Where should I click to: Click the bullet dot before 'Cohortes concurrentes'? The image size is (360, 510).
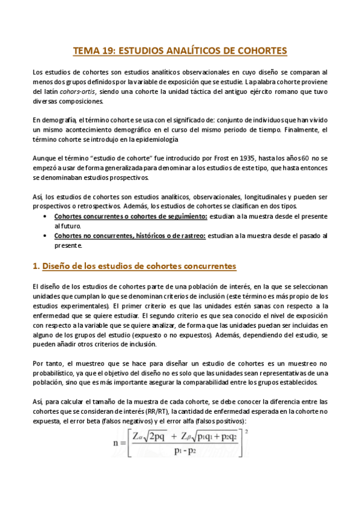pyautogui.click(x=47, y=216)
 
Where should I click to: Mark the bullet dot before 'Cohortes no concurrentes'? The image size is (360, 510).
pyautogui.click(x=47, y=236)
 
